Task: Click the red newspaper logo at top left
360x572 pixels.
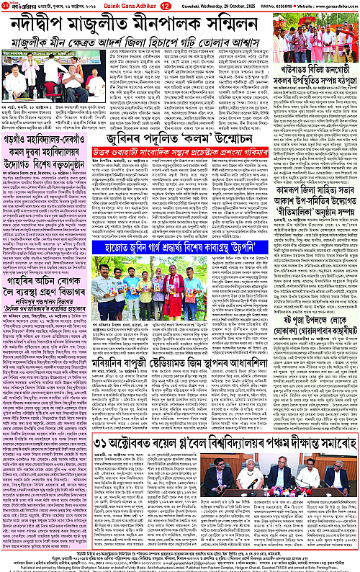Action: pyautogui.click(x=14, y=6)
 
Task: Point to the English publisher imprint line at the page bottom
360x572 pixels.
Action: pyautogui.click(x=180, y=565)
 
